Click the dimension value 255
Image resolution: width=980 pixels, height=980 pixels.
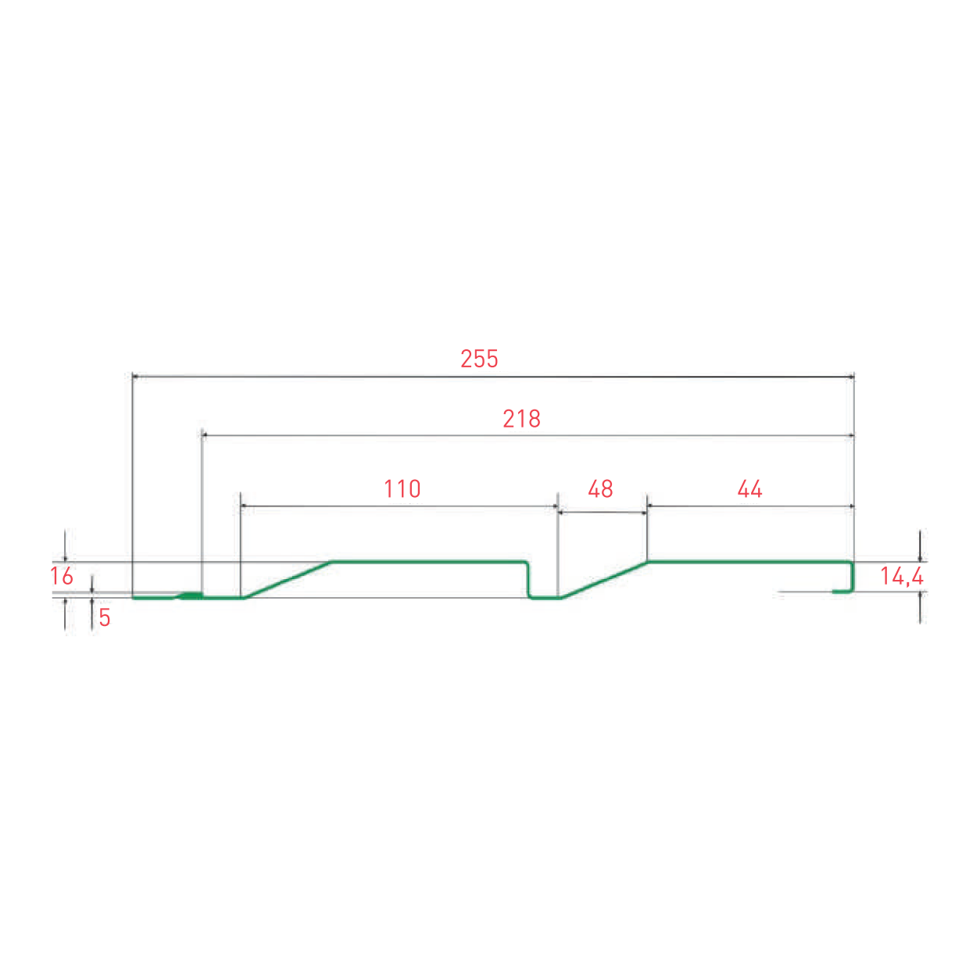point(479,359)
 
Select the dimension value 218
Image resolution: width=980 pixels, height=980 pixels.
point(521,419)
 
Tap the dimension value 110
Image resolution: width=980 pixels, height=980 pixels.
point(402,489)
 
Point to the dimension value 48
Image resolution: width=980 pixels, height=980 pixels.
point(600,489)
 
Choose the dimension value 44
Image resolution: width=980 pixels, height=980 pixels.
point(749,489)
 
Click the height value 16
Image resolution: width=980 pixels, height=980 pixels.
point(62,577)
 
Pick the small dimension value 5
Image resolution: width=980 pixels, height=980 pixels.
point(105,618)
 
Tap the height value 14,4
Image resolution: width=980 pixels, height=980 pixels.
point(902,577)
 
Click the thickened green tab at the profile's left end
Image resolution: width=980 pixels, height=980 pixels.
point(190,596)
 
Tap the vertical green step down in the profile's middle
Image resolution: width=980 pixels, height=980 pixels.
point(528,579)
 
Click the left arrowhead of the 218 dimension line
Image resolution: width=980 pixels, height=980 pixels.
point(205,435)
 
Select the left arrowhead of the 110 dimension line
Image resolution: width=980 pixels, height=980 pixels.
point(244,506)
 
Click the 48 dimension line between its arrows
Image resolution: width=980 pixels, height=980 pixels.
point(602,513)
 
